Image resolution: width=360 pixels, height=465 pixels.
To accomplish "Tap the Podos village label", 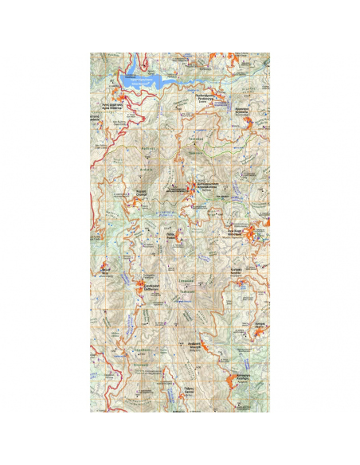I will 171,236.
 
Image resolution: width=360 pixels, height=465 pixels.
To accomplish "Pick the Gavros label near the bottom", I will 190,390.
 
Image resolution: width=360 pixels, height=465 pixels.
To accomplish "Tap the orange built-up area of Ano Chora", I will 253,233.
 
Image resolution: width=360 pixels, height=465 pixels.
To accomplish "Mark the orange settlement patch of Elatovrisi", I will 146,291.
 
